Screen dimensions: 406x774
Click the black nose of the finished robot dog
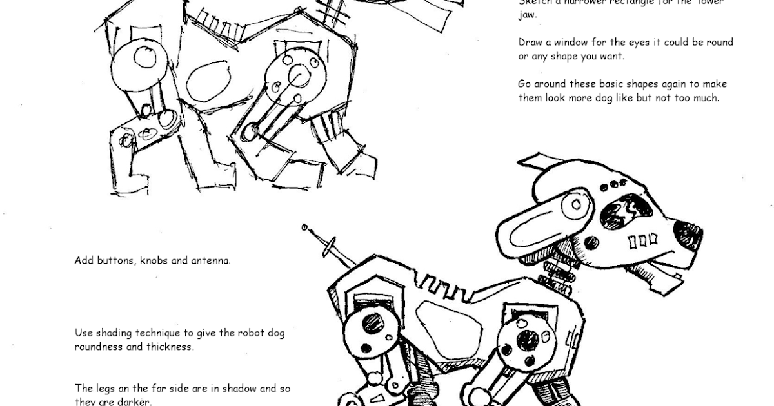tap(687, 234)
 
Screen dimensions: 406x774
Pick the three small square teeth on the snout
tap(642, 241)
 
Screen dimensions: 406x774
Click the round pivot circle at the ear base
tap(575, 205)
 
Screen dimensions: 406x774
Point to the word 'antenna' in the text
tap(210, 261)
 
